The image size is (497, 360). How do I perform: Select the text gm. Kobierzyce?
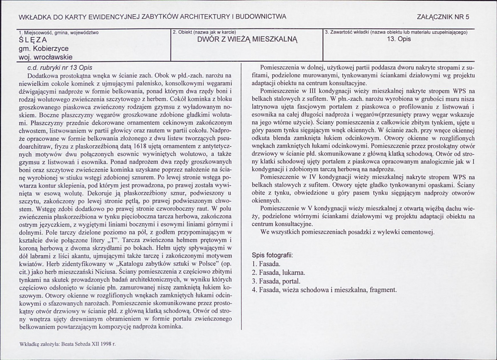(43, 49)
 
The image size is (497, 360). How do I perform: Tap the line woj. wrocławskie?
(46, 57)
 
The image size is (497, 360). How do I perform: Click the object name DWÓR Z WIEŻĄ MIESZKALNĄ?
(248, 40)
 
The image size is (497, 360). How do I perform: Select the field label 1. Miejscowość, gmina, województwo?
(59, 32)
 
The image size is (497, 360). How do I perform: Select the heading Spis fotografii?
(272, 255)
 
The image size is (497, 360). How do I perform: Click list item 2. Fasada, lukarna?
(278, 272)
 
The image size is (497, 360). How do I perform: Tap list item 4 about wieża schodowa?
(324, 289)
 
